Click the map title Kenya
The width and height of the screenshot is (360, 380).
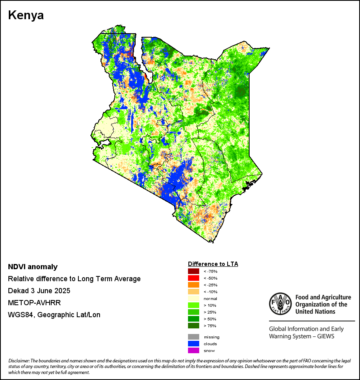tap(26, 16)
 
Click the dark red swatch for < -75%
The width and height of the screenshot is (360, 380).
tap(194, 271)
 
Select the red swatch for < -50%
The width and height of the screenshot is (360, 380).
tap(194, 278)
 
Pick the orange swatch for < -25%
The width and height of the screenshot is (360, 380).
tap(194, 285)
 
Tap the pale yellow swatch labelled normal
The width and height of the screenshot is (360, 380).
tap(194, 298)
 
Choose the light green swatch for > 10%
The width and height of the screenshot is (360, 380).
tap(194, 305)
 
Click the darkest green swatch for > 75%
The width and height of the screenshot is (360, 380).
tap(194, 326)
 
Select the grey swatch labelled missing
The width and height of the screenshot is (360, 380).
tap(194, 337)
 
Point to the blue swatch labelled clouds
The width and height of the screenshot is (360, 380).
tap(194, 344)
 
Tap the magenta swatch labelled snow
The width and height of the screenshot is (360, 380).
tap(194, 350)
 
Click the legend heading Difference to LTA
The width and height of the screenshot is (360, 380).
tap(213, 264)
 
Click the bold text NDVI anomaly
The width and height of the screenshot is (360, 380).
tap(33, 267)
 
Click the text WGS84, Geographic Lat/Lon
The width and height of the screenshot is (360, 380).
tap(54, 315)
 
